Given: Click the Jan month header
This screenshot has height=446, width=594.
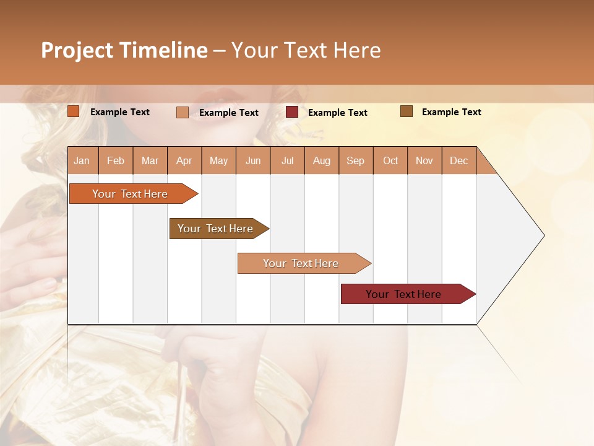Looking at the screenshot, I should pyautogui.click(x=82, y=160).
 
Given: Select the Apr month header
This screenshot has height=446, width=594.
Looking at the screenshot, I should pyautogui.click(x=184, y=160).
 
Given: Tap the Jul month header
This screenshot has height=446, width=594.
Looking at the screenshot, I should pyautogui.click(x=287, y=160).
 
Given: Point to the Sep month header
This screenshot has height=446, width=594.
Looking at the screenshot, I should pyautogui.click(x=356, y=160).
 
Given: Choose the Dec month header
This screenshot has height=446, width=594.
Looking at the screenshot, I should pyautogui.click(x=458, y=160).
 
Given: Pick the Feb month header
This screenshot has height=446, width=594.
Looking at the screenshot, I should pyautogui.click(x=116, y=160).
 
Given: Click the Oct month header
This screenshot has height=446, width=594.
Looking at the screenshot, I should pyautogui.click(x=390, y=160).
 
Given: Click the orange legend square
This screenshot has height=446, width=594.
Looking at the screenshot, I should pyautogui.click(x=74, y=111).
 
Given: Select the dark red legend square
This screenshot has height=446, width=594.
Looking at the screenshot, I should pyautogui.click(x=292, y=112).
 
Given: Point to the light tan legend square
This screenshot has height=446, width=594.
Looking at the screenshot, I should pyautogui.click(x=183, y=112).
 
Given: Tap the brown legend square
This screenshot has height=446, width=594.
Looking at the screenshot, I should pyautogui.click(x=407, y=111).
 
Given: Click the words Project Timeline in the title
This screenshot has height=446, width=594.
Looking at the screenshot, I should pyautogui.click(x=124, y=50).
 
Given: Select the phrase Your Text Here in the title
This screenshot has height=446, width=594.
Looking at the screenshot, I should pyautogui.click(x=306, y=50).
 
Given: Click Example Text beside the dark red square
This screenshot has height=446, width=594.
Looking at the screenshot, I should pyautogui.click(x=337, y=113).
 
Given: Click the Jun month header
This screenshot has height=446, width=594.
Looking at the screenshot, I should pyautogui.click(x=253, y=160).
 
